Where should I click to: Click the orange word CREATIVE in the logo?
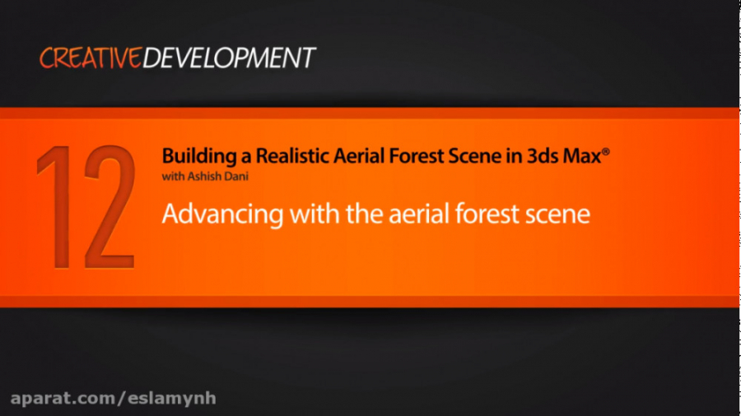[x=91, y=58]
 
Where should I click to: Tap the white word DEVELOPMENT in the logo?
[x=229, y=58]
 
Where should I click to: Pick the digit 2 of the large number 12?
[x=107, y=207]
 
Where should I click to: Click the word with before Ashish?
[x=170, y=176]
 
